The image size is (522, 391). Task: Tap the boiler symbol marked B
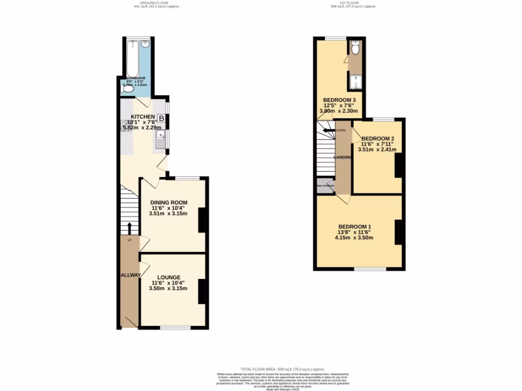pyautogui.click(x=161, y=119)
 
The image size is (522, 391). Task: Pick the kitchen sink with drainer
pyautogui.click(x=161, y=138)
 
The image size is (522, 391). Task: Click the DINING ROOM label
pyautogui.click(x=169, y=203)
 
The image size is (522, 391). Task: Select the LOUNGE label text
pyautogui.click(x=168, y=277)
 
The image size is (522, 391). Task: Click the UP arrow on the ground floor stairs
pyautogui.click(x=129, y=228)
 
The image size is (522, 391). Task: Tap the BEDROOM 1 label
pyautogui.click(x=355, y=227)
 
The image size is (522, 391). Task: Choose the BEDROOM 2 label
pyautogui.click(x=378, y=138)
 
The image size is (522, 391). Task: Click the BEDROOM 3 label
pyautogui.click(x=339, y=99)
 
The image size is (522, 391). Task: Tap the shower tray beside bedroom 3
pyautogui.click(x=355, y=81)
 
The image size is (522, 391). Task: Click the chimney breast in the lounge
pyautogui.click(x=202, y=291)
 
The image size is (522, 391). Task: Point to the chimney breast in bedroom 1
pyautogui.click(x=399, y=232)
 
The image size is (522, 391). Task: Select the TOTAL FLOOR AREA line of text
pyautogui.click(x=282, y=369)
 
